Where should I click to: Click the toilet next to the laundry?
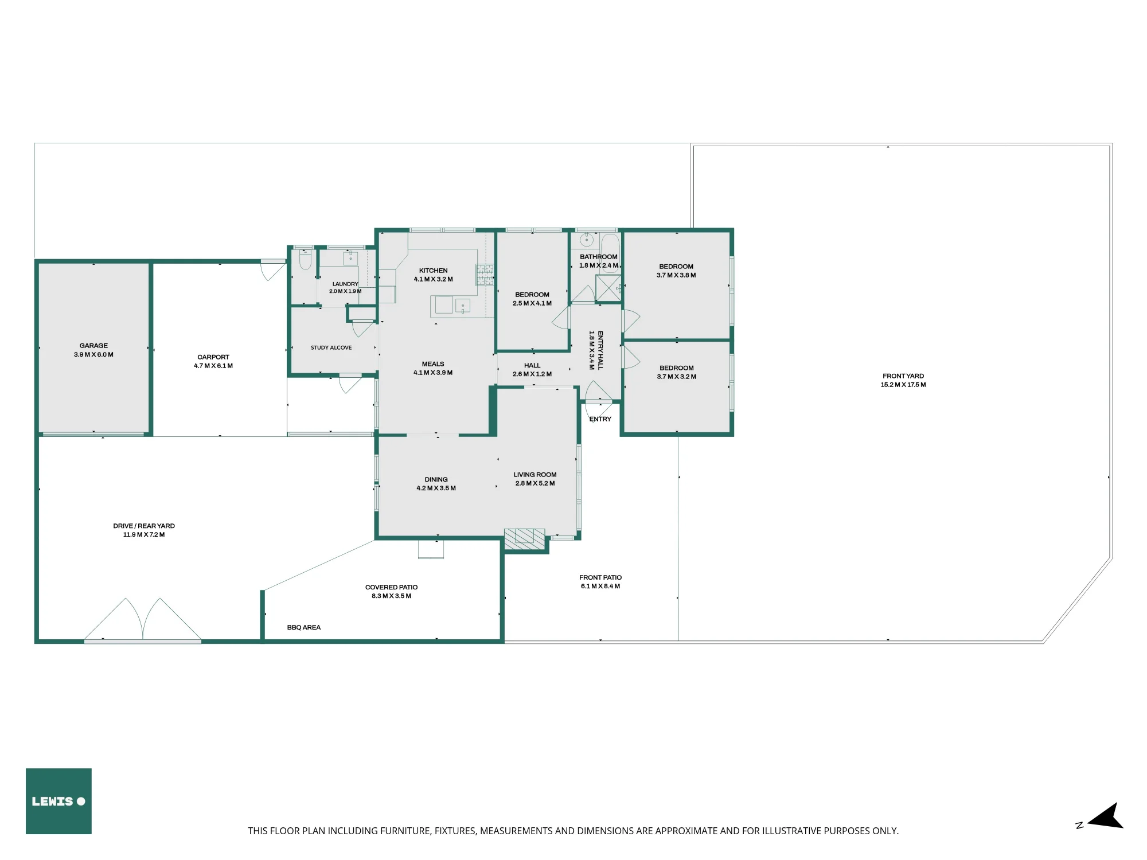coord(305,260)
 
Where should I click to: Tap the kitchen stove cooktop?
coord(485,275)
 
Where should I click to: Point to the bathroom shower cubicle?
coord(608,288)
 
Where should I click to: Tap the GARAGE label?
coord(93,346)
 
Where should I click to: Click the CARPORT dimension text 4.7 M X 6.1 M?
coord(213,366)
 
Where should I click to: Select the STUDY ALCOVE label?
coord(331,347)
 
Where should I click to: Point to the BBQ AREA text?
coord(304,627)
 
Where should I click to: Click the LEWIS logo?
coord(58,801)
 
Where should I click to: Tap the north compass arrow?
coord(1106,816)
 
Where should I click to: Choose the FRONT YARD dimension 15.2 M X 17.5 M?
coord(903,385)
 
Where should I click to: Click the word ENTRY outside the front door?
coord(600,419)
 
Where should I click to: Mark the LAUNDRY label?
coord(345,284)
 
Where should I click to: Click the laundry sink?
coord(350,258)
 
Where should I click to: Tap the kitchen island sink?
coord(463,306)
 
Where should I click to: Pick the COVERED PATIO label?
coord(392,587)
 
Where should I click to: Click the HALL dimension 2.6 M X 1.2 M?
coord(532,374)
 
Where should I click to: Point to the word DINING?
coord(436,479)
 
